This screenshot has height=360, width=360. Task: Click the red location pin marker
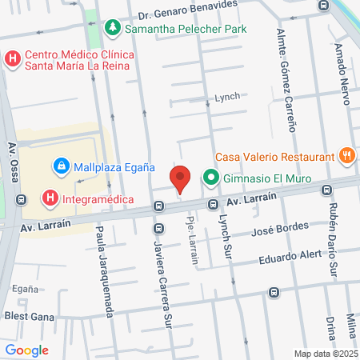(181, 178)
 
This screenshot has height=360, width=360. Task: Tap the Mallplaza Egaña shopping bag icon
(60, 166)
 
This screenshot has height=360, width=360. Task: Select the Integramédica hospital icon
(50, 197)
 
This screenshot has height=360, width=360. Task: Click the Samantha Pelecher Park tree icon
(114, 28)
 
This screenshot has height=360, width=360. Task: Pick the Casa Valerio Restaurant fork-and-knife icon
(346, 156)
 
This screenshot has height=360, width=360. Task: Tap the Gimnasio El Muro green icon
(211, 177)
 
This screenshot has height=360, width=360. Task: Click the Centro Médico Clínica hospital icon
(12, 59)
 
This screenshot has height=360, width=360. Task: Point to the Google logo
(26, 350)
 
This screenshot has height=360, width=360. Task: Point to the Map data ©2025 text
(325, 354)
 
